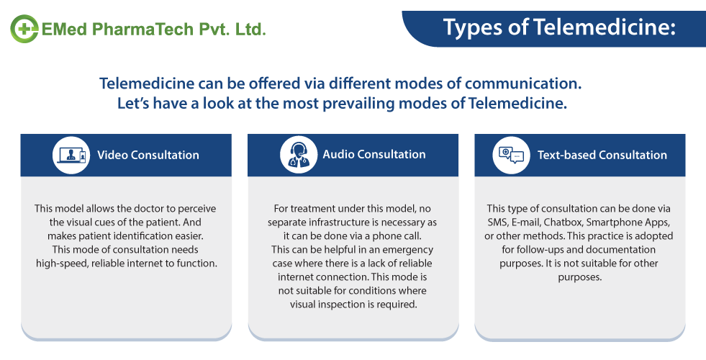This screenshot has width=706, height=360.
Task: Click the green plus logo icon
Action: coord(24,29)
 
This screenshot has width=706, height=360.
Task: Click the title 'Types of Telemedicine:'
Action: coord(559,28)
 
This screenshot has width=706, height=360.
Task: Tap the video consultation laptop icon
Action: coord(71,155)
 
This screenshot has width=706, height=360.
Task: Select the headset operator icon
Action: coord(297,155)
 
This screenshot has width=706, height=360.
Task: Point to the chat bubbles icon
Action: coord(510,155)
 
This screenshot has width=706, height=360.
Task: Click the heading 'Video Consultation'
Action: coord(148,155)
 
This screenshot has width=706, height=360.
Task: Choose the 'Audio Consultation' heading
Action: coord(374,154)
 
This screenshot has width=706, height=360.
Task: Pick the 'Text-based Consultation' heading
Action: coord(602,155)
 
